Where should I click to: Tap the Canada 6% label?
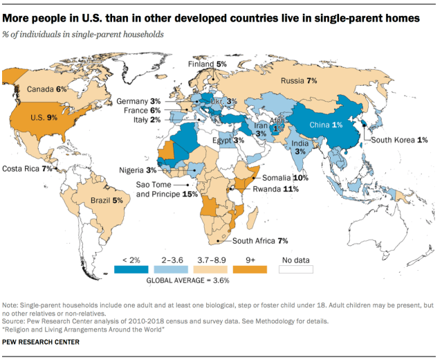point(47,89)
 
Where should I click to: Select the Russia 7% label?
point(300,81)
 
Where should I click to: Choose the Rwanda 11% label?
point(275,189)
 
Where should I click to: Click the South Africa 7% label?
point(259,241)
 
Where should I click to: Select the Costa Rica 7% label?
point(28,168)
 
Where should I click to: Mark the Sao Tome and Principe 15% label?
point(166,190)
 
